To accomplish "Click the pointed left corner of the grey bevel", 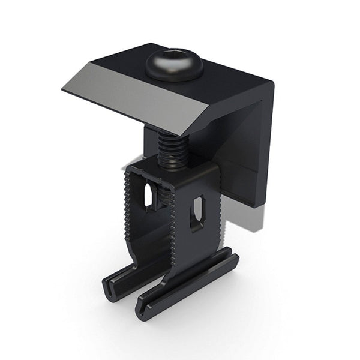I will click(64, 90).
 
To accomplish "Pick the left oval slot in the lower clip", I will click(148, 196).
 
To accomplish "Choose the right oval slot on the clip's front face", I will click(197, 213).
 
